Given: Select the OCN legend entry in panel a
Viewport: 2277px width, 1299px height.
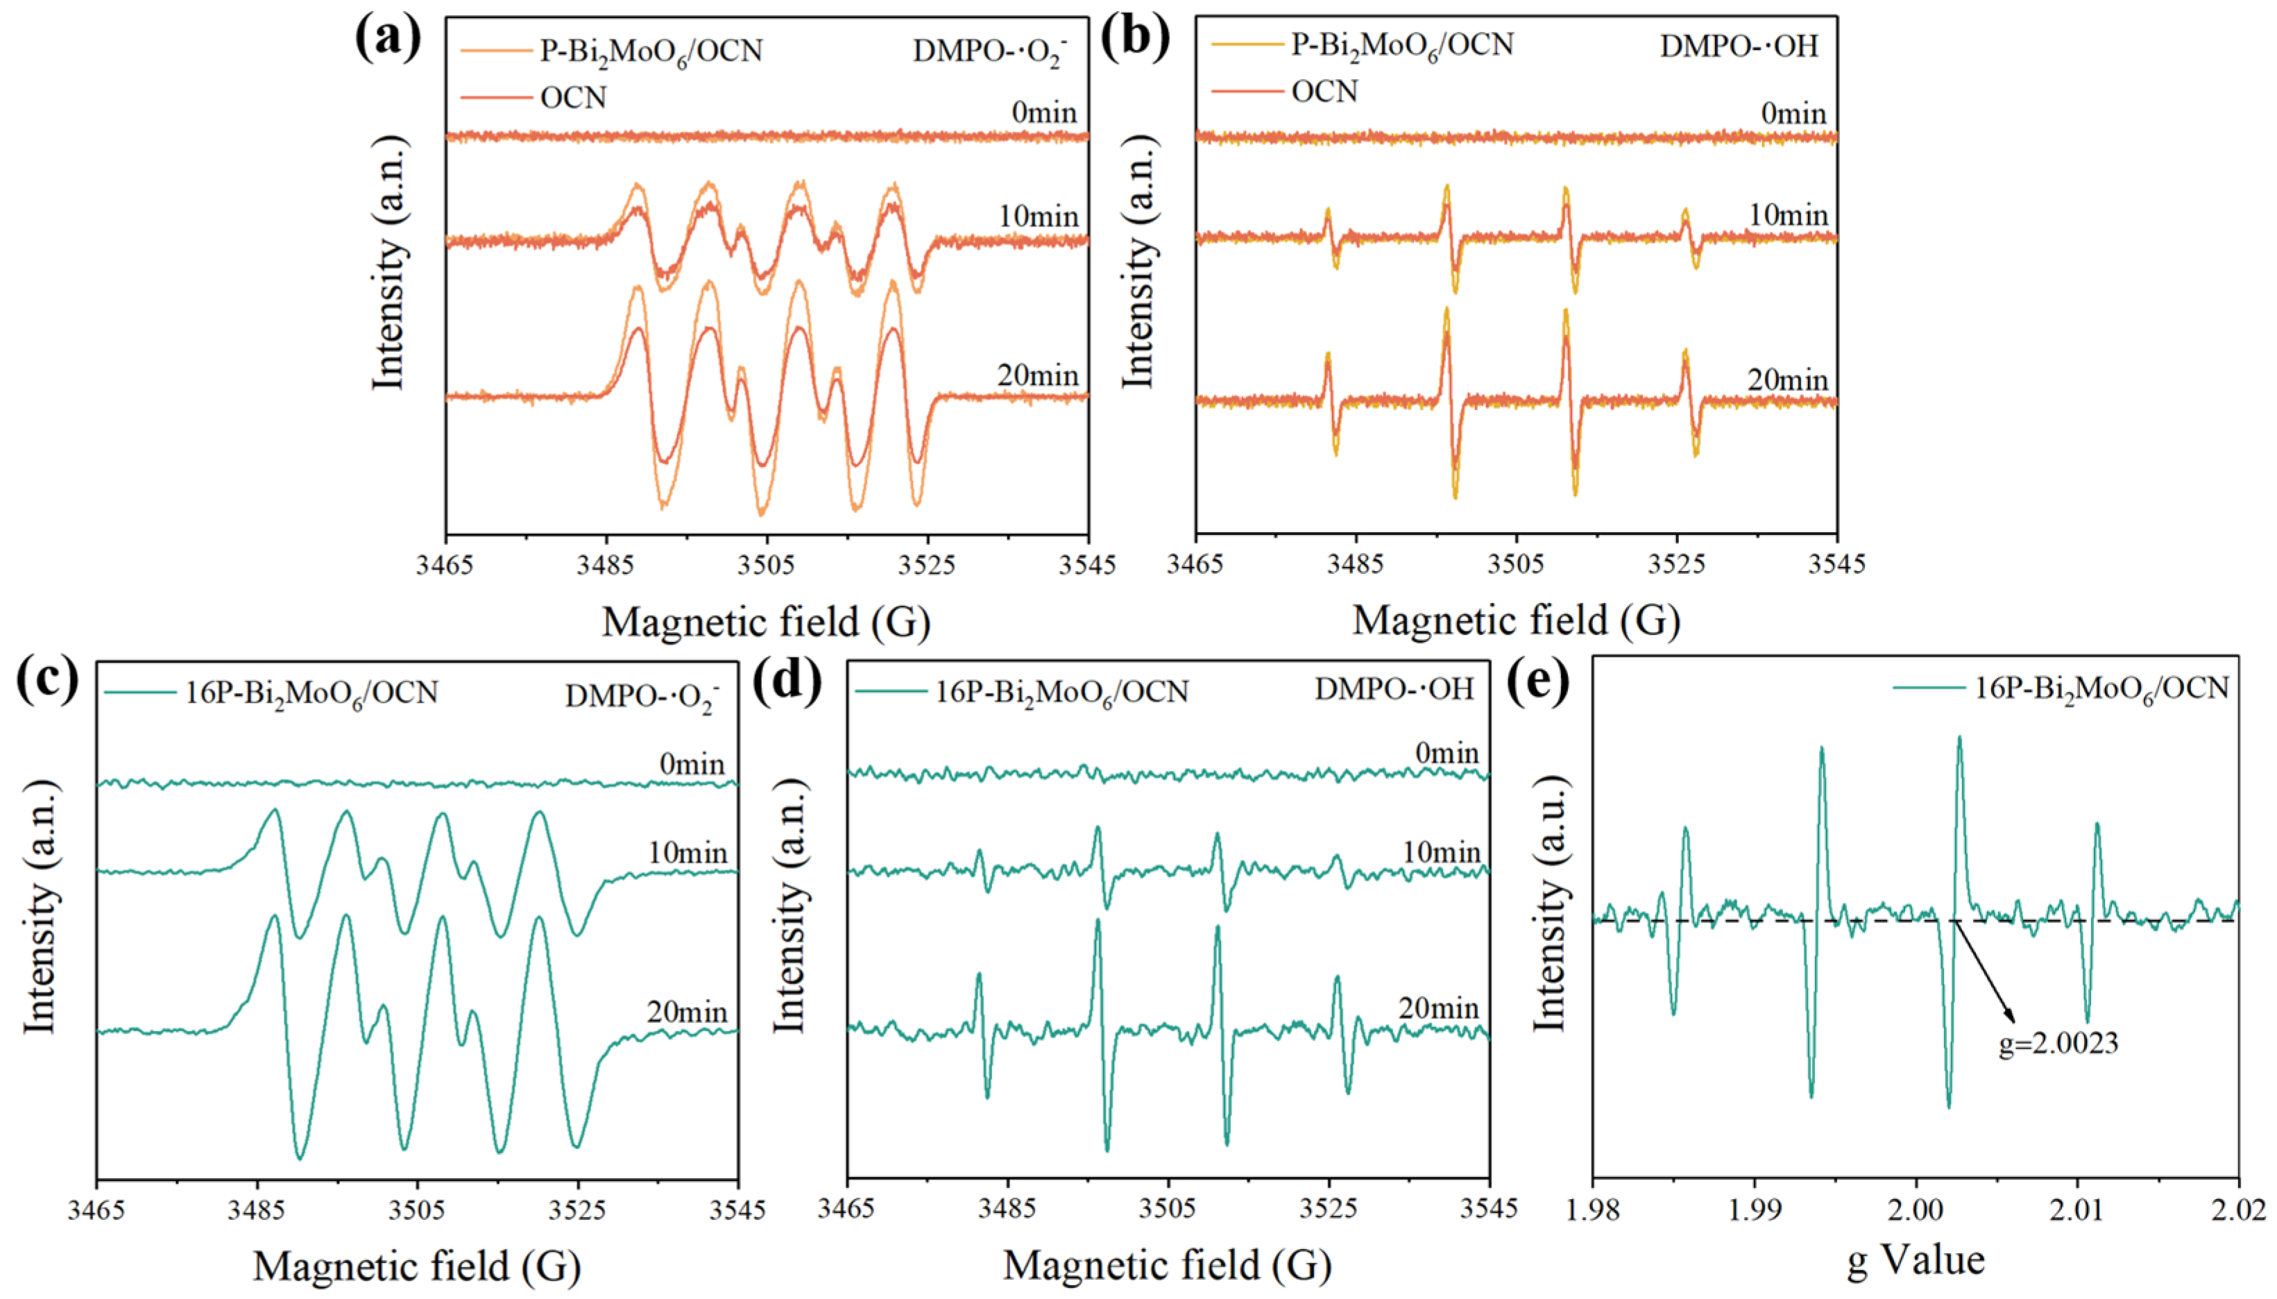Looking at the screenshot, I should [572, 97].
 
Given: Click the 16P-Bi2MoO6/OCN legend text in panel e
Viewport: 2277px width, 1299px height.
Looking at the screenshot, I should [2100, 689].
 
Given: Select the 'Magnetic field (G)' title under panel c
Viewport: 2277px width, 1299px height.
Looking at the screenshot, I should [416, 1266].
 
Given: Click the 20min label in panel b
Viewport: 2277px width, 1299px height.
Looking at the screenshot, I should [1786, 381].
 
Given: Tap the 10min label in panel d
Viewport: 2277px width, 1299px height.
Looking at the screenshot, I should [1440, 853].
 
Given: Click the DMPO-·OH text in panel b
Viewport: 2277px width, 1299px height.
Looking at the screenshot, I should [1739, 46].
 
